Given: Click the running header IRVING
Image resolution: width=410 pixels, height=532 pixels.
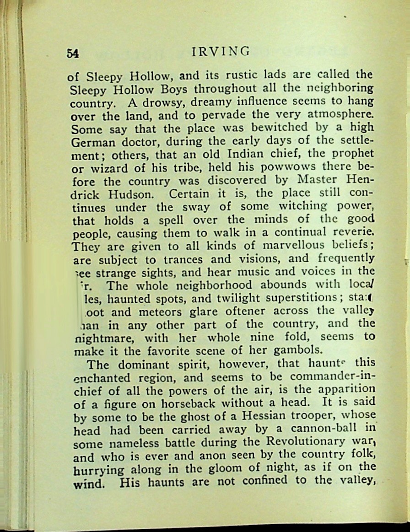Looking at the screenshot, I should click(x=221, y=51).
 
